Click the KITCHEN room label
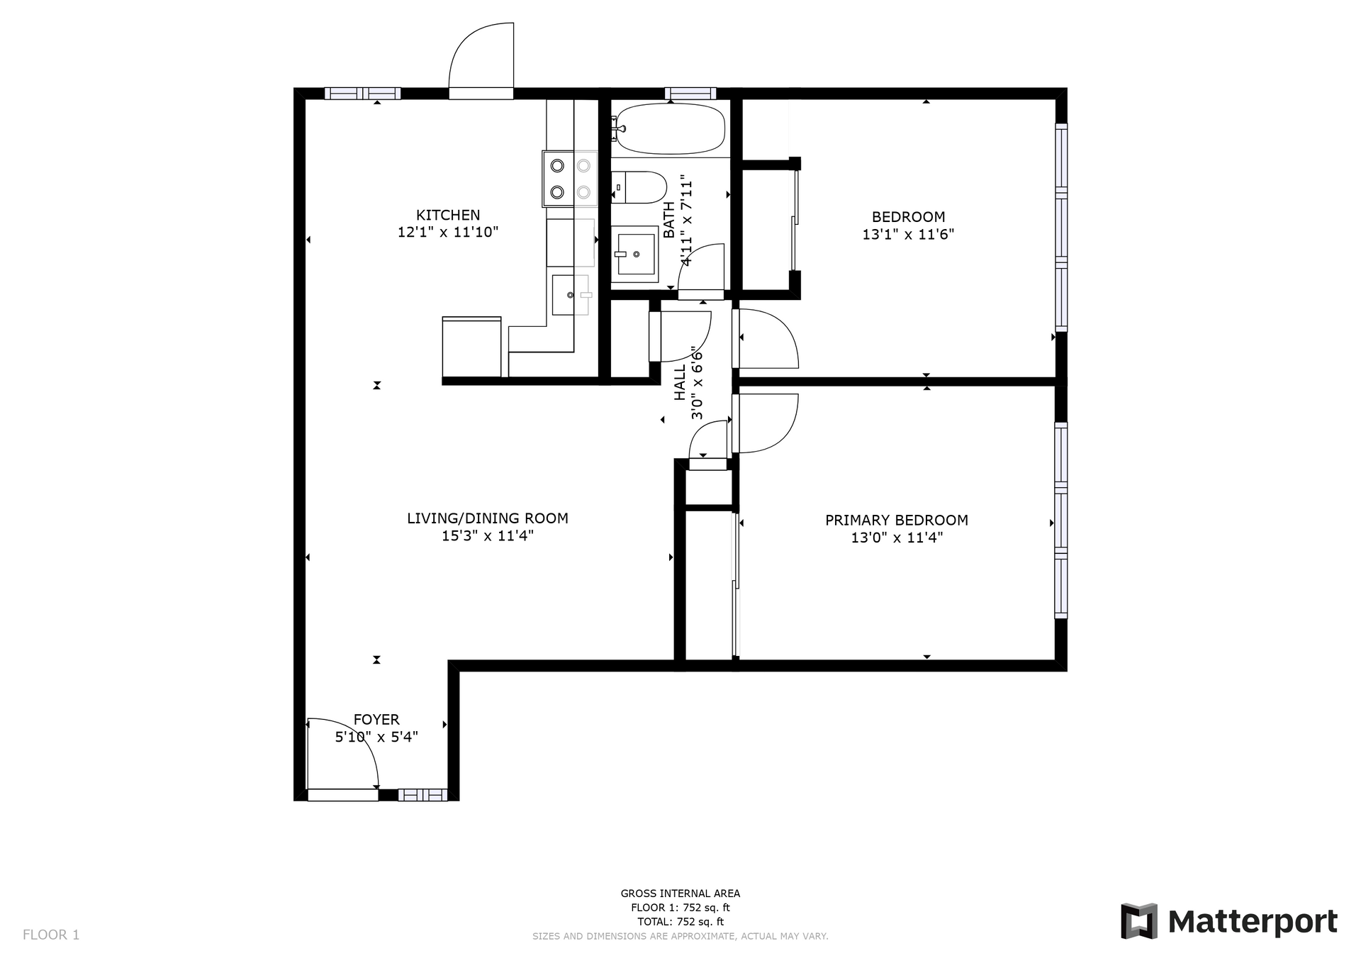[448, 215]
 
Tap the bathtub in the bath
[668, 129]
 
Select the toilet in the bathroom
[639, 187]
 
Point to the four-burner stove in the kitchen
[570, 179]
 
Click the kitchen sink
[571, 294]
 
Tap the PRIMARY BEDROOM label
[897, 521]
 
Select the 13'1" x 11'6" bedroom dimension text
[908, 235]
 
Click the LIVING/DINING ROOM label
[488, 518]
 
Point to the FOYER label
[376, 720]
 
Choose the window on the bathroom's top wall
[690, 93]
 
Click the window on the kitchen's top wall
[363, 93]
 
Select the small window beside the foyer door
[422, 795]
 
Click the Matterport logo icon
[1139, 921]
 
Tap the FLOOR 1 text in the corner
[51, 935]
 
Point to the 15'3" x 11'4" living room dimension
[488, 536]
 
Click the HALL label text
[680, 383]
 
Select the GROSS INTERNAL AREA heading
[680, 894]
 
